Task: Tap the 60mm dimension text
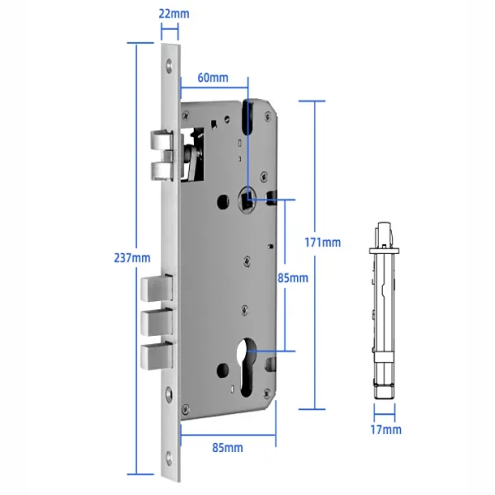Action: coord(213,78)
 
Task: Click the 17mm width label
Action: coord(385,429)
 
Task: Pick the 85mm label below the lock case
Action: coord(228,447)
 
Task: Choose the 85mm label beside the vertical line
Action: coord(293,278)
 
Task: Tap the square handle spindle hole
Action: coord(248,198)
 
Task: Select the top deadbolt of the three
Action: coord(156,290)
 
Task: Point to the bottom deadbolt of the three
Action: coord(156,356)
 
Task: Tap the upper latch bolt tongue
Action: coord(160,143)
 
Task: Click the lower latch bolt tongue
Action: coord(160,168)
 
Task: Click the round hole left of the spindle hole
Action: coord(224,200)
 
